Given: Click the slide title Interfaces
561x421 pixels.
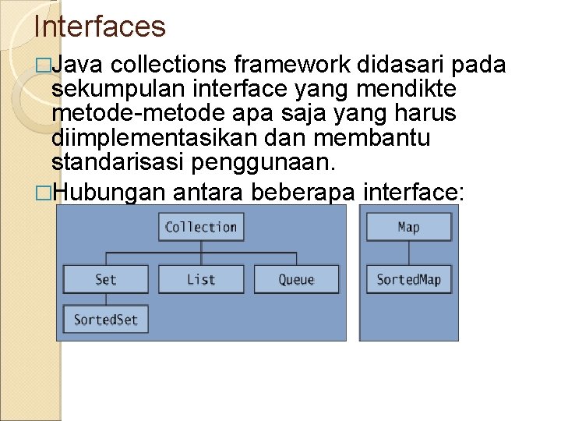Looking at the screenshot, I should (x=100, y=27).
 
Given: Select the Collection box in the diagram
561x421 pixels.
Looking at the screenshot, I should (x=201, y=227).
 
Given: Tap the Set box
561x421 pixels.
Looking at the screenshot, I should (x=106, y=279).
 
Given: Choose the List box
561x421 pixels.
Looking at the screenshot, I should (x=201, y=279).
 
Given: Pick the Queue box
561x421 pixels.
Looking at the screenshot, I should (x=297, y=279).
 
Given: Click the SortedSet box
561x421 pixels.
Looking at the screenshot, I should (x=106, y=320).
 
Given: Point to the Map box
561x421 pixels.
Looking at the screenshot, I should (x=408, y=227).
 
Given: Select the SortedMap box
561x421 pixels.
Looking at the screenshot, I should (x=408, y=279).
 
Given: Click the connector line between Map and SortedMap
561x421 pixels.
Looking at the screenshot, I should (x=408, y=253).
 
